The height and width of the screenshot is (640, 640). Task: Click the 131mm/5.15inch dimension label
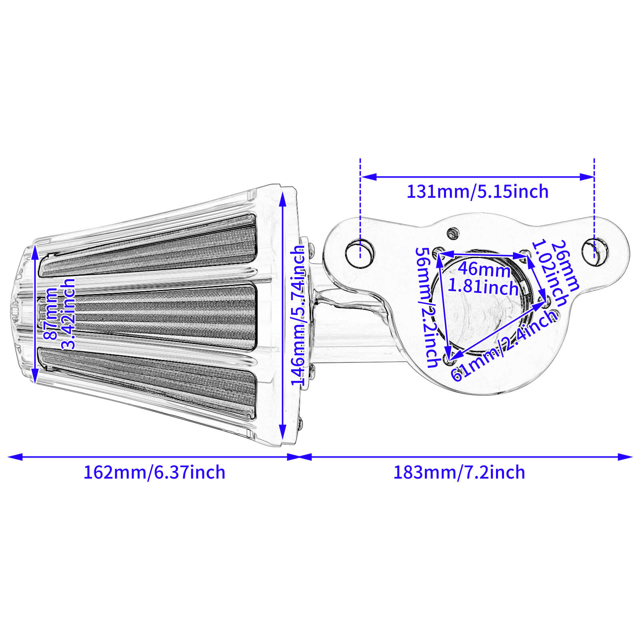click(x=477, y=192)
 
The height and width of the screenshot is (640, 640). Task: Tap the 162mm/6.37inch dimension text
click(x=154, y=472)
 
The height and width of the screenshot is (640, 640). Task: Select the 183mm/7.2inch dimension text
click(x=459, y=472)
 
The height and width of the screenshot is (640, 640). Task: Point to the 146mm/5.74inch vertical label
click(x=298, y=316)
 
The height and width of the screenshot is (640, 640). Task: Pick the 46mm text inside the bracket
click(x=484, y=269)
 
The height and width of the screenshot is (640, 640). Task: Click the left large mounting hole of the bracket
click(x=360, y=254)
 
